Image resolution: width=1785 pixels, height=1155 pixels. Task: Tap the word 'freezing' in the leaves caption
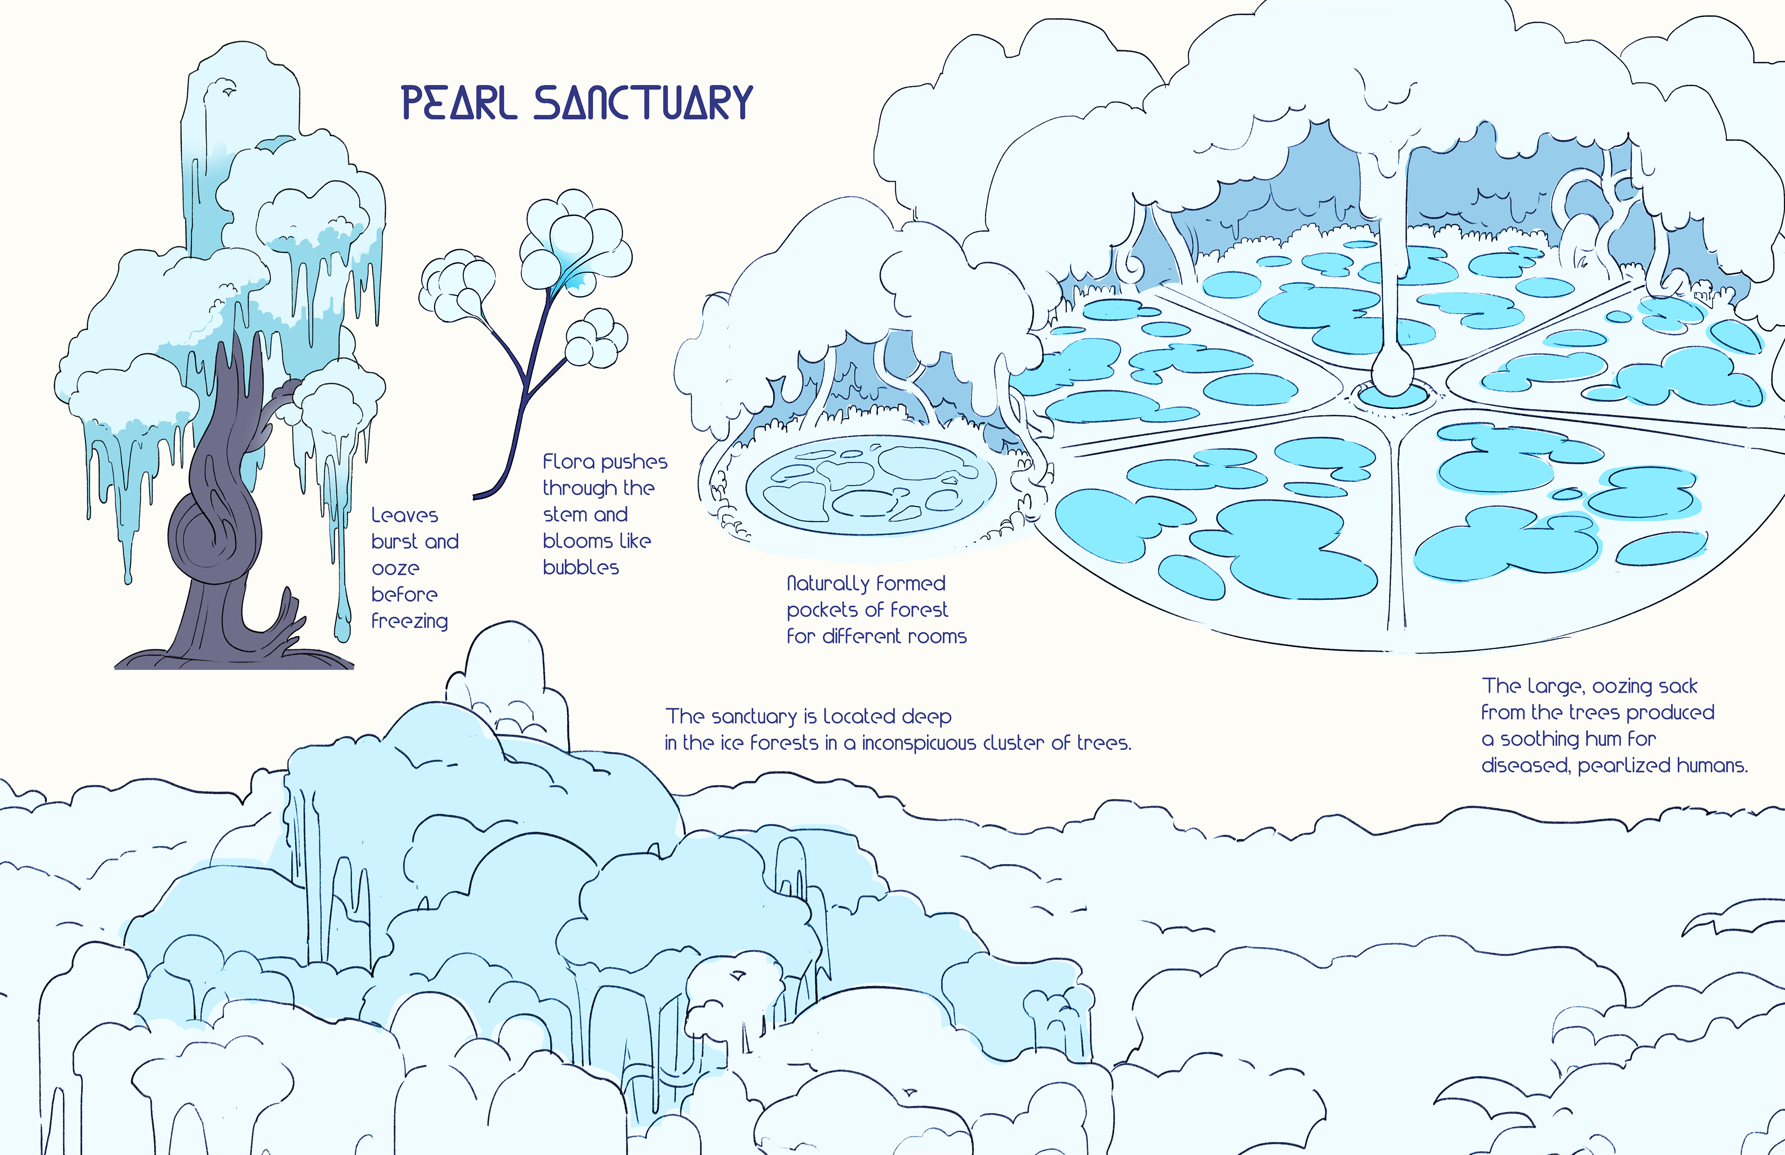tap(410, 621)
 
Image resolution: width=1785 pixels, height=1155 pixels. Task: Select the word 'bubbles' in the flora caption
tap(581, 568)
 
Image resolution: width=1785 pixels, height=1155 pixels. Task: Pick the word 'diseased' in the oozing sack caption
tap(1526, 766)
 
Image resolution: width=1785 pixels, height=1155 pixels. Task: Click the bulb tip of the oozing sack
tap(1392, 373)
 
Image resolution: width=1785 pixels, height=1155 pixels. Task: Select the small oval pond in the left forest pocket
tap(871, 484)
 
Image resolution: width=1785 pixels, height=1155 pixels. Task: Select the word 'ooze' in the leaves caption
tap(395, 568)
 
